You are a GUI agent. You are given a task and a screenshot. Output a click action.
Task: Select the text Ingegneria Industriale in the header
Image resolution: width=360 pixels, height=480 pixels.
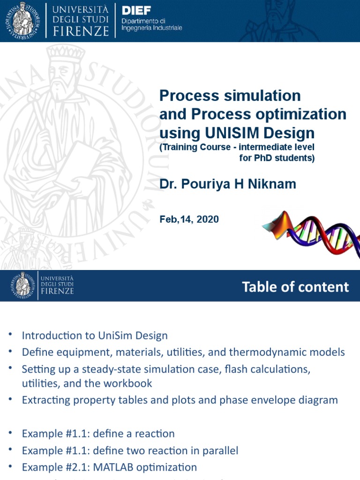pyautogui.click(x=152, y=28)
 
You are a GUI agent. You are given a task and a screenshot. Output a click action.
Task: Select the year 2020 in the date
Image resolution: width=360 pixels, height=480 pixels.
pyautogui.click(x=208, y=219)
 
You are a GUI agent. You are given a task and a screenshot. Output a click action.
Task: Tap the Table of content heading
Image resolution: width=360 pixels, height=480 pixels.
pyautogui.click(x=295, y=287)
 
